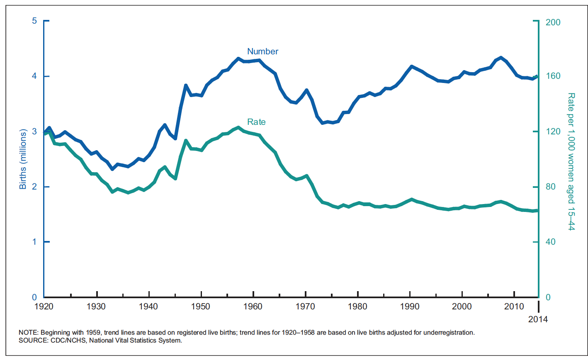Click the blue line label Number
tap(262, 51)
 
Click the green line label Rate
tap(256, 122)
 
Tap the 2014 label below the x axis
tap(538, 319)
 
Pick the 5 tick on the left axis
tap(34, 21)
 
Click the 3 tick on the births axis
tap(34, 131)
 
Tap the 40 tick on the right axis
tap(550, 242)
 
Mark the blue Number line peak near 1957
tap(238, 58)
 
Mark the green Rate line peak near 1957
tap(238, 127)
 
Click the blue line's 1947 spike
tap(186, 85)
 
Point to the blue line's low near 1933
tap(112, 169)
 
